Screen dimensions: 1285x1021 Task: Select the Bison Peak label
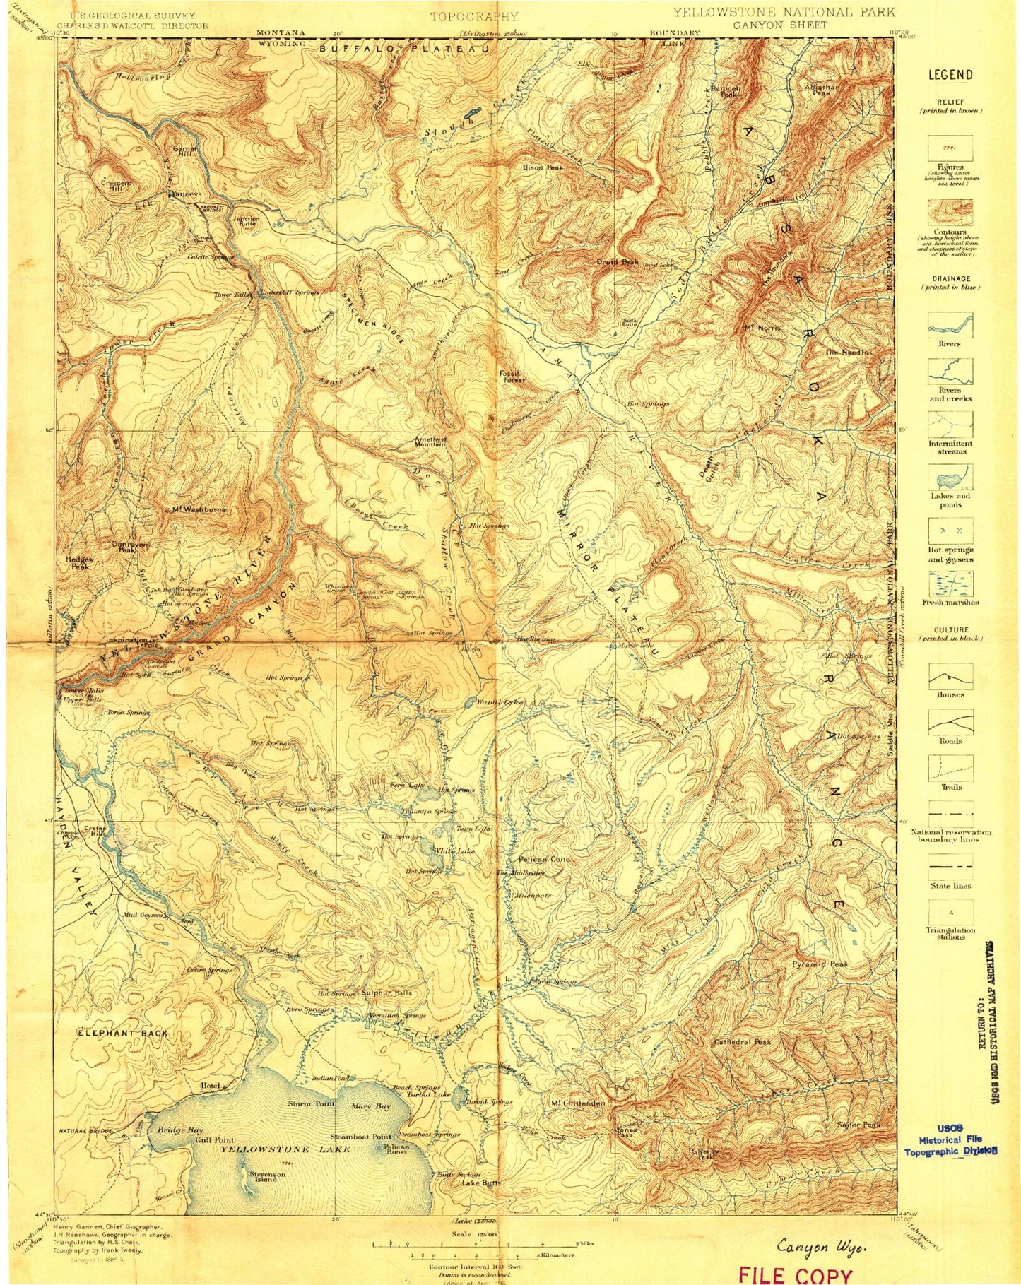[543, 167]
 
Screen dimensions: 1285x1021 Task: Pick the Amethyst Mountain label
[430, 442]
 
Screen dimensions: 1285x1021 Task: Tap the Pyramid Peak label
[820, 964]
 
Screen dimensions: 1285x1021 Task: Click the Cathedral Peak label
[742, 1041]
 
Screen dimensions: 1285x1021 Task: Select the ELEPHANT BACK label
[122, 1033]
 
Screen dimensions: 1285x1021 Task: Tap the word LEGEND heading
[950, 75]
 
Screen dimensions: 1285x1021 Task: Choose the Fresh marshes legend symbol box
[950, 584]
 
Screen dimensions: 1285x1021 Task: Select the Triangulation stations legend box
[950, 911]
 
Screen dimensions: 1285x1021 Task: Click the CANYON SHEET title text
[784, 25]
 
